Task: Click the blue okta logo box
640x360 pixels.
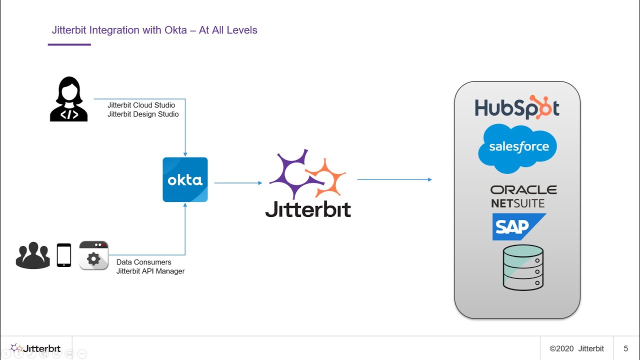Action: tap(185, 179)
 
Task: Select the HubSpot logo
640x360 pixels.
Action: tap(517, 107)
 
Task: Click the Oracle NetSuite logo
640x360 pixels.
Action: tap(523, 196)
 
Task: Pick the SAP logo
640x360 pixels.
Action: tap(518, 227)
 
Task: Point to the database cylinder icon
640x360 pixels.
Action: tap(523, 267)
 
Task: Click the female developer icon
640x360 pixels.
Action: tap(69, 99)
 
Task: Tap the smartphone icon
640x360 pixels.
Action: tap(64, 255)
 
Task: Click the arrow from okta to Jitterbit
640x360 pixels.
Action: tap(238, 183)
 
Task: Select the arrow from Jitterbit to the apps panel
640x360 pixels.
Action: tap(394, 179)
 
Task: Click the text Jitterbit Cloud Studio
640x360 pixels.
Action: tap(141, 105)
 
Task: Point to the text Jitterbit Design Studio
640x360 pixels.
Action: tap(143, 114)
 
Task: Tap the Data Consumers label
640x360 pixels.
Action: tap(144, 262)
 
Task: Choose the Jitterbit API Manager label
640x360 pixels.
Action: tap(150, 271)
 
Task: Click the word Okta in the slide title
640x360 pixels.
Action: tap(177, 30)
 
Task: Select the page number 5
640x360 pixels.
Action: tap(625, 348)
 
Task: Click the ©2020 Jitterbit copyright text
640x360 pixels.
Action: tap(576, 348)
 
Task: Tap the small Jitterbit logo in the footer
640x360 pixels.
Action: tap(35, 348)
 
